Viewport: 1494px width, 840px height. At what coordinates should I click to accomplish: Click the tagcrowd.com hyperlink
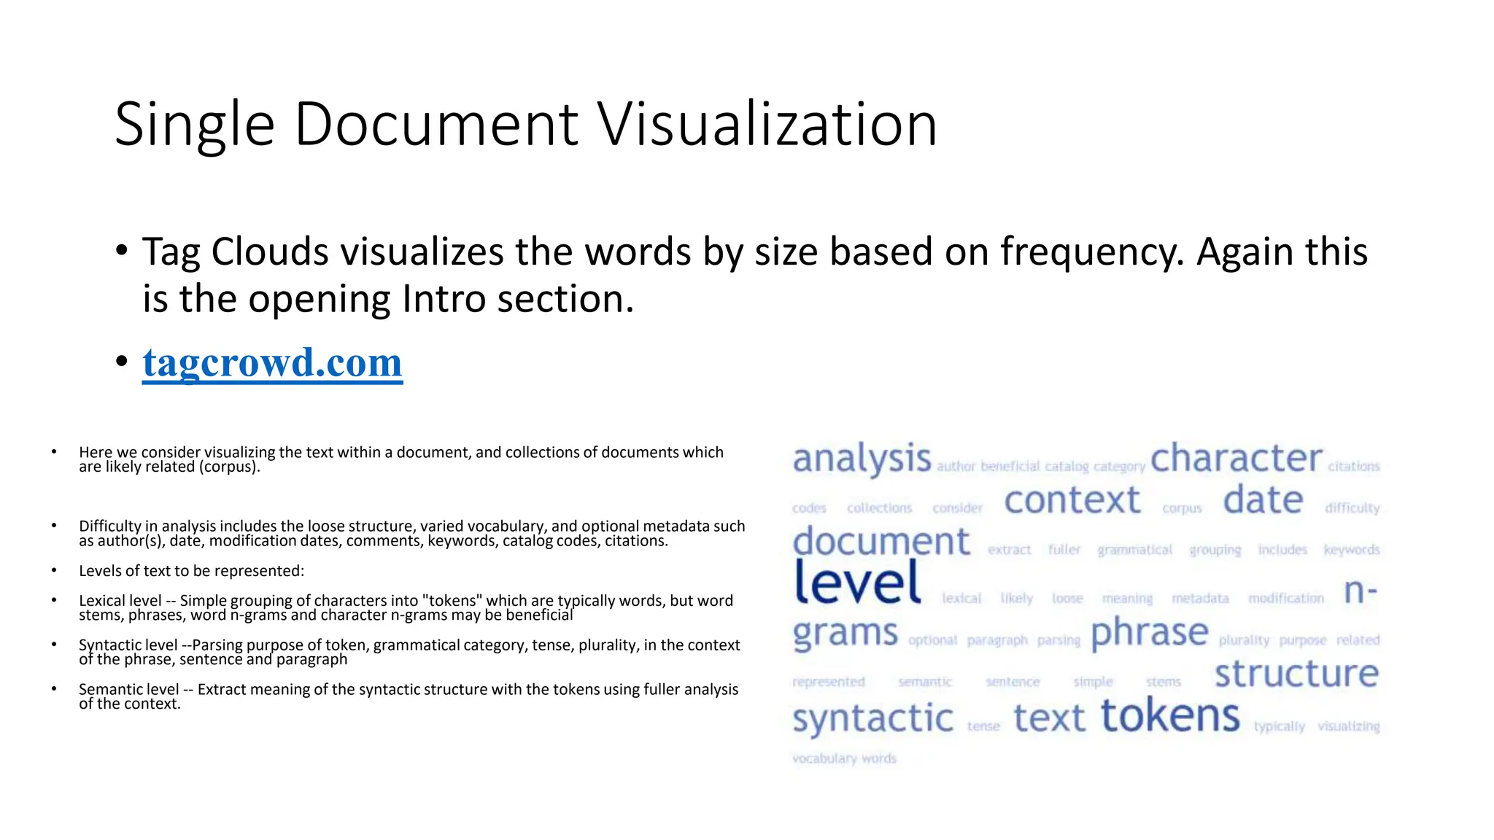coord(272,362)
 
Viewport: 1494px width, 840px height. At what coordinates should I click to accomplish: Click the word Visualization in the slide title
coord(767,125)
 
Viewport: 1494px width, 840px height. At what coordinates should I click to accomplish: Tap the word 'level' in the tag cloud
coord(857,583)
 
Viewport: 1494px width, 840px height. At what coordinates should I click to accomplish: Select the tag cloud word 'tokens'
coord(1170,716)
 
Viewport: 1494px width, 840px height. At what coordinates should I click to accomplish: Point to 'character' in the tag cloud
coord(1236,459)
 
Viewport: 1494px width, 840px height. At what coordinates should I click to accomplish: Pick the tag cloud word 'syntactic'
coord(872,719)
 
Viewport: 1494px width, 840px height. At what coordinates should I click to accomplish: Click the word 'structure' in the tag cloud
coord(1296,674)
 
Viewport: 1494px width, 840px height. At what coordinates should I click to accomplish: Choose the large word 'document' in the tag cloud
coord(881,542)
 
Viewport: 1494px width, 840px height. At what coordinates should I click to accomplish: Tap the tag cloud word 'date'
coord(1263,501)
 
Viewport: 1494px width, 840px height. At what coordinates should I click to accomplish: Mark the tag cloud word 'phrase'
coord(1150,633)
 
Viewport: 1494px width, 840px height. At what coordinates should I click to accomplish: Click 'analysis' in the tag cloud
coord(862,459)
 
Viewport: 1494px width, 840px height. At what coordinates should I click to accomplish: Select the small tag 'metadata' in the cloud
coord(1200,599)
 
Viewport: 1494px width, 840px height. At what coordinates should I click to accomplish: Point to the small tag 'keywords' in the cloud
coord(1351,550)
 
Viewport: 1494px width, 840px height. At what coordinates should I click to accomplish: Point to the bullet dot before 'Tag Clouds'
coord(122,252)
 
